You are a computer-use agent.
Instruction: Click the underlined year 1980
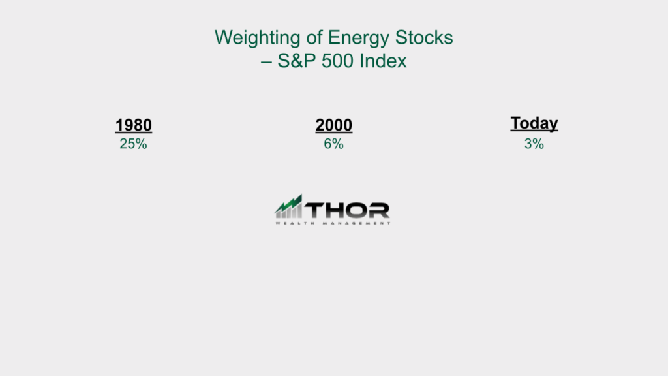pyautogui.click(x=133, y=125)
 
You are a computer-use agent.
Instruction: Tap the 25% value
pyautogui.click(x=133, y=144)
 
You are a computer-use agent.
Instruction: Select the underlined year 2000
pyautogui.click(x=333, y=125)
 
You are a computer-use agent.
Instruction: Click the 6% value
pyautogui.click(x=333, y=144)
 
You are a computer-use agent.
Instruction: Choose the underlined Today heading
pyautogui.click(x=534, y=123)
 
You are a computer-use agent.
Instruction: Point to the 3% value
pyautogui.click(x=534, y=144)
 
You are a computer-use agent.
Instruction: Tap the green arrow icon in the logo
pyautogui.click(x=288, y=206)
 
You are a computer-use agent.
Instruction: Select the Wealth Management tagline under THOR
pyautogui.click(x=333, y=223)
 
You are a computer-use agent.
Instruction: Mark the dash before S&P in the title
pyautogui.click(x=266, y=62)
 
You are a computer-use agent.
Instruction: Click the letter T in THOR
pyautogui.click(x=315, y=210)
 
